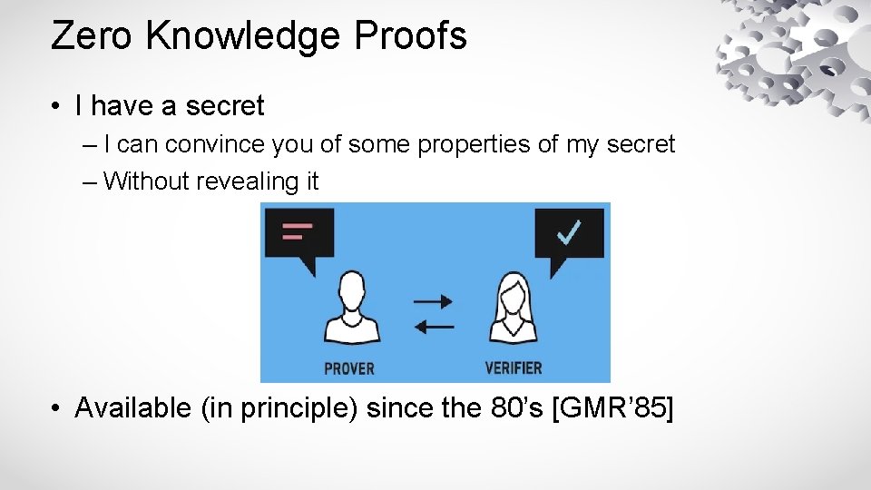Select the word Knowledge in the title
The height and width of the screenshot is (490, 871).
[x=243, y=36]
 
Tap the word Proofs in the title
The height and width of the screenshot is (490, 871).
[x=411, y=36]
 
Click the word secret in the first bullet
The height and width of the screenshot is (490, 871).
[x=224, y=106]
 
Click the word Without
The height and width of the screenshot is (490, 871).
[x=146, y=181]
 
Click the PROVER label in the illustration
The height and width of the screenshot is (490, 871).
[x=349, y=367]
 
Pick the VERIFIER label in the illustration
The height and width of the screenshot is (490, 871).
[x=514, y=367]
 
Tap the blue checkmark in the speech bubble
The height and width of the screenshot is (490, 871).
[x=569, y=233]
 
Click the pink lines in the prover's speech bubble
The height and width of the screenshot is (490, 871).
[x=298, y=231]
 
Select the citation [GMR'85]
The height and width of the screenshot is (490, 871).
[x=612, y=408]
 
